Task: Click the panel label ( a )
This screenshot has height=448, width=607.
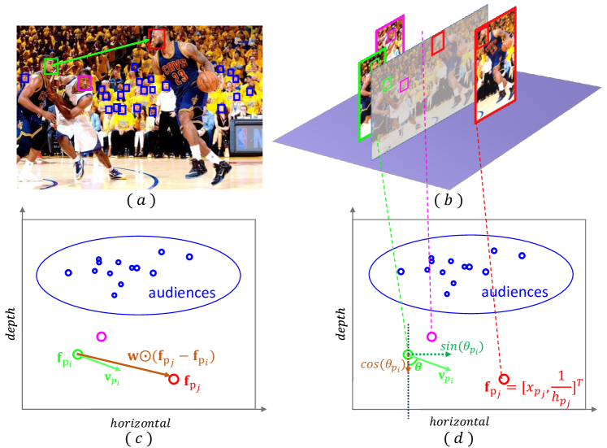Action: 136,198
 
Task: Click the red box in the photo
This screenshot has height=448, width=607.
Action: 157,38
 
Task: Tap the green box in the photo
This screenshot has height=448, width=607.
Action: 50,65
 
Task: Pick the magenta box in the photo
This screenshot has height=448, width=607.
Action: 85,82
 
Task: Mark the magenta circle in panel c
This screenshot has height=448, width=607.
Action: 101,337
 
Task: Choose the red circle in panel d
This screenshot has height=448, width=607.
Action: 504,379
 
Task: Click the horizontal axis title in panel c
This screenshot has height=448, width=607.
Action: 138,422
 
